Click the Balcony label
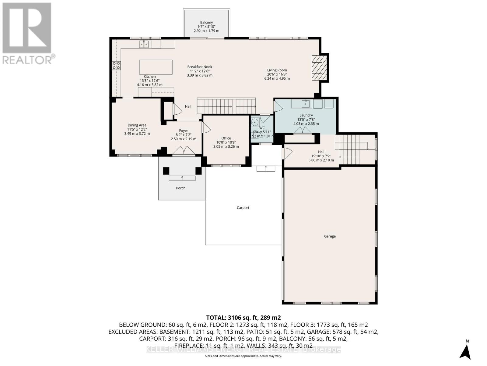(x=206, y=22)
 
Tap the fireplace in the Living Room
(x=318, y=68)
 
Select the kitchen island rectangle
(x=156, y=67)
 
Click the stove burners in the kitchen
(x=116, y=65)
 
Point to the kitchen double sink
(x=144, y=44)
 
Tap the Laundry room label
(x=306, y=115)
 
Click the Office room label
(x=226, y=138)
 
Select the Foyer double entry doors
(x=184, y=151)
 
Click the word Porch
(x=180, y=188)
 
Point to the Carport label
(x=243, y=208)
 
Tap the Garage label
(x=330, y=236)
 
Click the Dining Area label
(x=137, y=125)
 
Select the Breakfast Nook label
(x=200, y=67)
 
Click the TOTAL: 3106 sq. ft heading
(x=243, y=318)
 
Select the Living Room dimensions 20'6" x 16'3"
(x=277, y=74)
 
